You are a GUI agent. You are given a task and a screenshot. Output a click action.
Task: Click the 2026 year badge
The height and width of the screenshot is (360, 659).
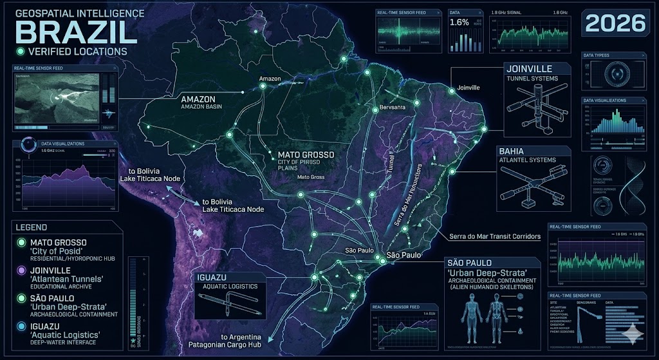pos(615,23)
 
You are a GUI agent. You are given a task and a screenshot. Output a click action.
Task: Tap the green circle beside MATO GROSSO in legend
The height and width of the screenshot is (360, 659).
pos(22,243)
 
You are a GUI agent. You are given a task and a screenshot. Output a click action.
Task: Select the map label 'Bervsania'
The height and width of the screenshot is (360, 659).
pos(393,107)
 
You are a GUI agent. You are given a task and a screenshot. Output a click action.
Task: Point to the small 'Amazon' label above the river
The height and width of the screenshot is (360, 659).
pos(270,79)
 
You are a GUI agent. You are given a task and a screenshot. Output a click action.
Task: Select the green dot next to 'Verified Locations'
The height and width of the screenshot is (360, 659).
pos(21,52)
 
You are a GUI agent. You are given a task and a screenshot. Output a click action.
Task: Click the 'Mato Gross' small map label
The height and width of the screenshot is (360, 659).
pos(311,176)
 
